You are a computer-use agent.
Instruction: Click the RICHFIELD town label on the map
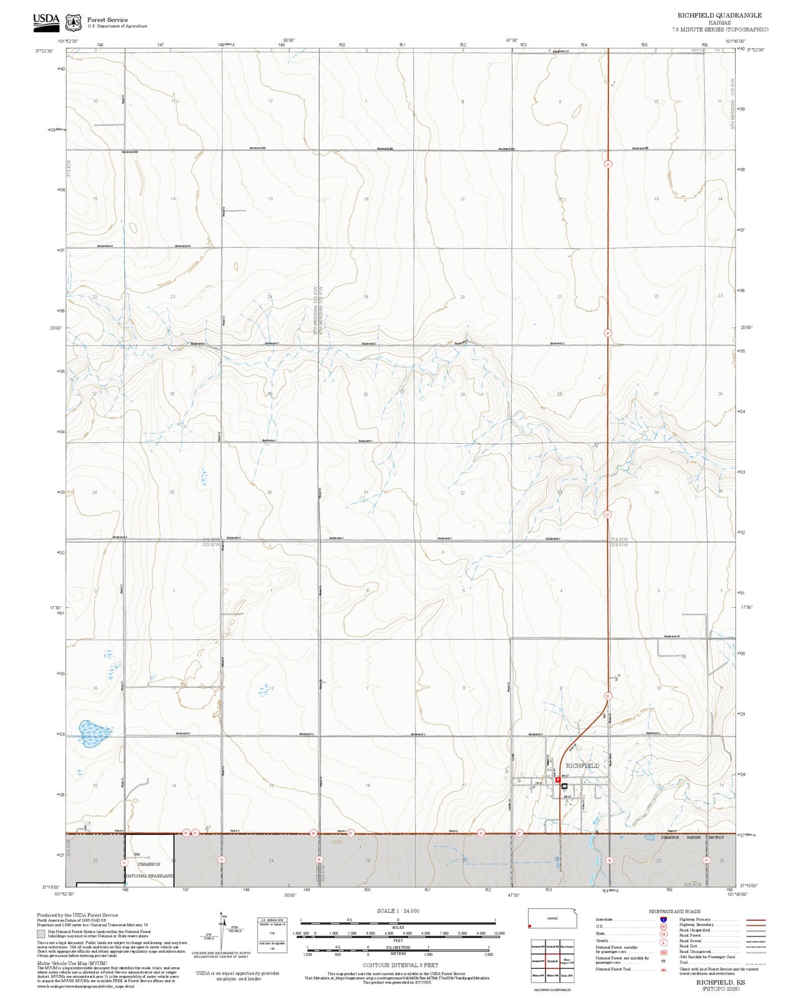point(582,765)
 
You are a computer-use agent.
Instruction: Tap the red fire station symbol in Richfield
point(557,779)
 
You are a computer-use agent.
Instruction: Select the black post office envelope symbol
point(565,786)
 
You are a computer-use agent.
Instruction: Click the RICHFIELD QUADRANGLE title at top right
point(719,16)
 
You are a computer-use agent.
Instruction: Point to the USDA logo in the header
point(46,20)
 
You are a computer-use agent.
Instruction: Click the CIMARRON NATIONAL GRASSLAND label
point(149,870)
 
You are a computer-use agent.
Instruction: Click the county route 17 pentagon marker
point(706,860)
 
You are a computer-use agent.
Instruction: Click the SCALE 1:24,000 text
point(398,911)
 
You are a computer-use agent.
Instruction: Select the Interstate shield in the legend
point(664,920)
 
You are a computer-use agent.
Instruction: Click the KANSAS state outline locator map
point(552,918)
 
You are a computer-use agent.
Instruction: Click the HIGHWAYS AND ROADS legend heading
point(675,911)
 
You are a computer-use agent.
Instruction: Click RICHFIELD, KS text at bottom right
point(721,982)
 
